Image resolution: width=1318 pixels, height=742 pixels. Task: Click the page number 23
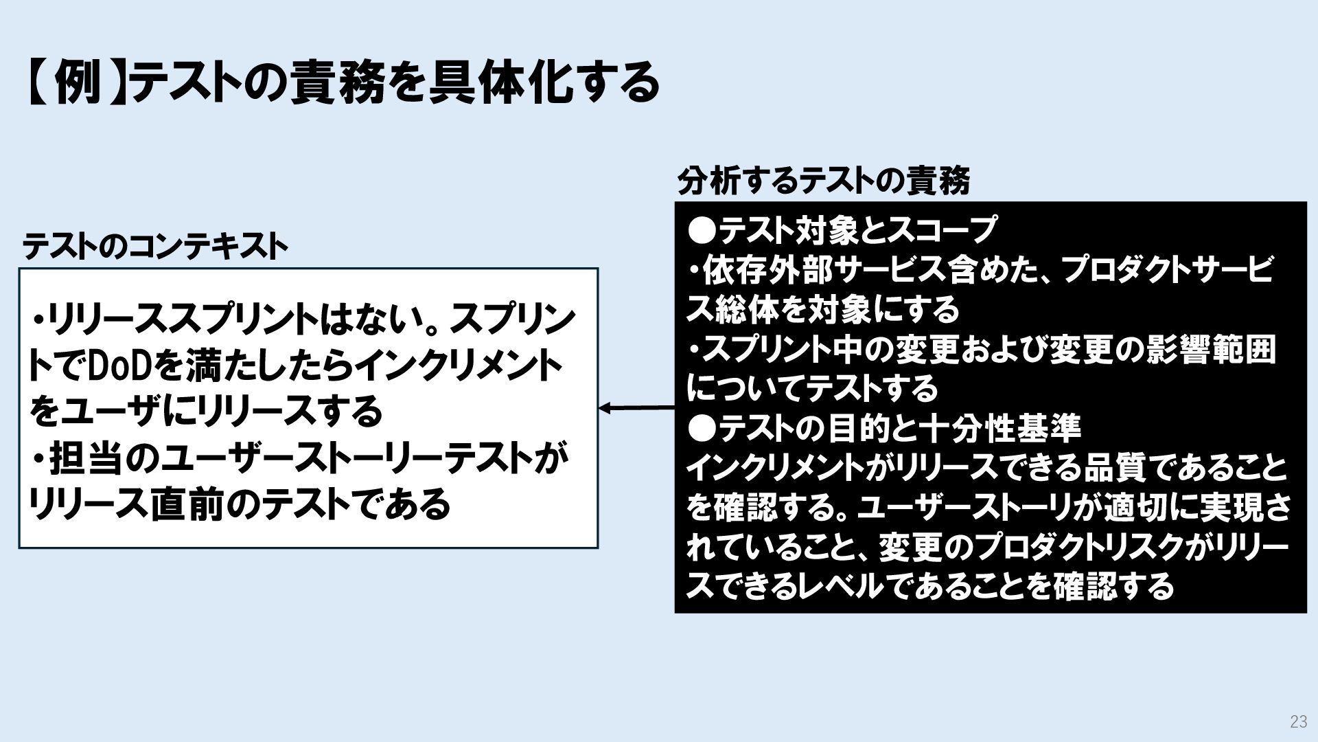(1298, 721)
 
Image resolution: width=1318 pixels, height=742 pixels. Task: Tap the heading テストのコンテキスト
(155, 247)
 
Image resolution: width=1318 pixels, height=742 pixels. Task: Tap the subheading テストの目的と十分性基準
(899, 429)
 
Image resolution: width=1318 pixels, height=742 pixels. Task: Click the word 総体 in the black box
(744, 310)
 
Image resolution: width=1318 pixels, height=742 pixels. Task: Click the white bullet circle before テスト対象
(701, 229)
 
